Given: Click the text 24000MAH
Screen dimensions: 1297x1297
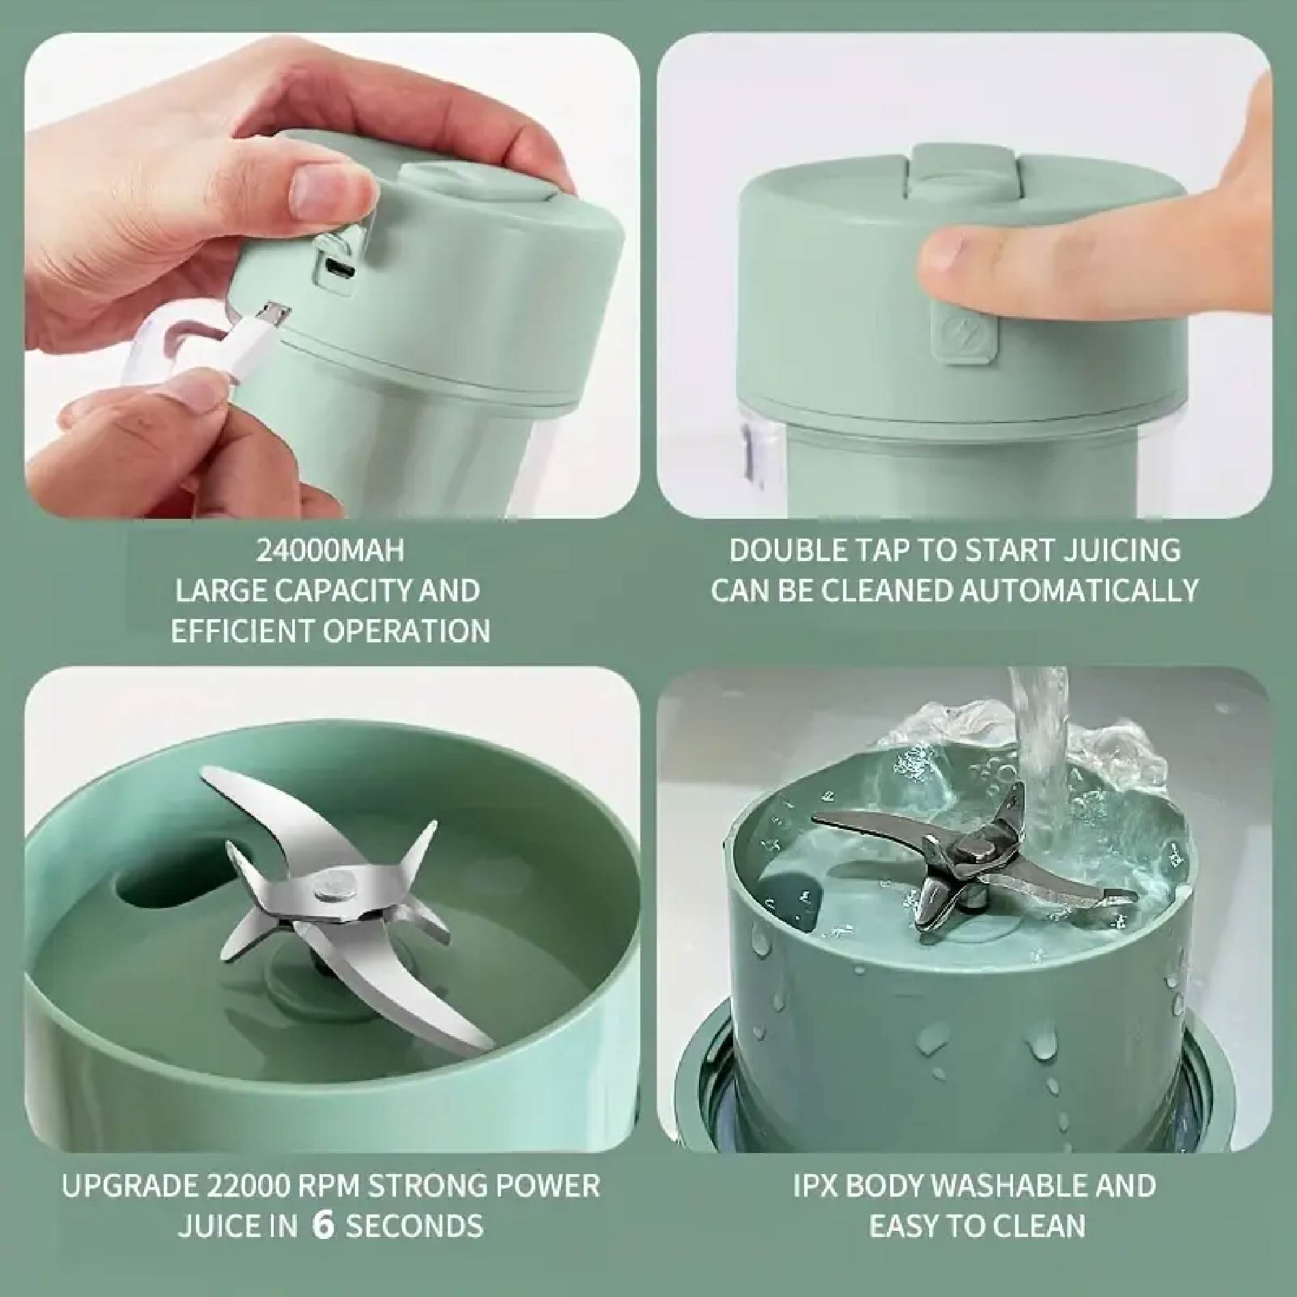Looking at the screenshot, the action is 330,551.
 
